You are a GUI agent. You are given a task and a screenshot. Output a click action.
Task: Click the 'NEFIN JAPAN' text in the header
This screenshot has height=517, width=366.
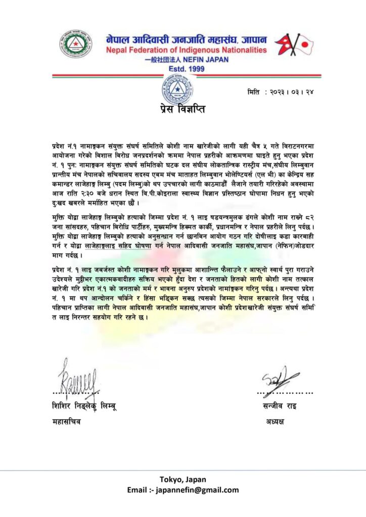pos(208,59)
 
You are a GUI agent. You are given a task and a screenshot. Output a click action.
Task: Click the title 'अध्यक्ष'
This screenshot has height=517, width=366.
pos(276,421)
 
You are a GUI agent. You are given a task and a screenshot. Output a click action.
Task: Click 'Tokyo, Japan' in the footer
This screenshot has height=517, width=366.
pos(183,479)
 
